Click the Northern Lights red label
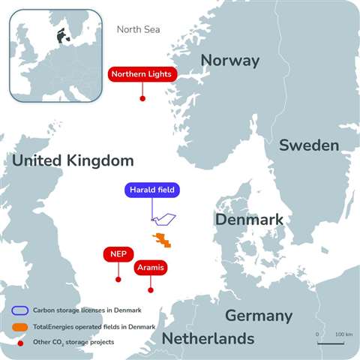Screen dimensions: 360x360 point(142,74)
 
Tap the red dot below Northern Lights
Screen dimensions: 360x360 point(142,98)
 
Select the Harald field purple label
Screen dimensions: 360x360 point(152,190)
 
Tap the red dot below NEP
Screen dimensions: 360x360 point(118,279)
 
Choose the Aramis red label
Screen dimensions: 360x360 point(150,267)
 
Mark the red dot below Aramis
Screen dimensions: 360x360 point(151,289)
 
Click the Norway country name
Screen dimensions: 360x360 point(230,61)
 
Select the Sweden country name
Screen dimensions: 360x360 point(307,145)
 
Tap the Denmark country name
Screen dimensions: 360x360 point(249,220)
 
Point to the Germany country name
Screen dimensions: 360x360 point(258,315)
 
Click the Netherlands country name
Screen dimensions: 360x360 point(208,339)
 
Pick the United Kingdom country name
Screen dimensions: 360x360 point(73,160)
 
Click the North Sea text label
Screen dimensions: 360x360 point(139,30)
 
